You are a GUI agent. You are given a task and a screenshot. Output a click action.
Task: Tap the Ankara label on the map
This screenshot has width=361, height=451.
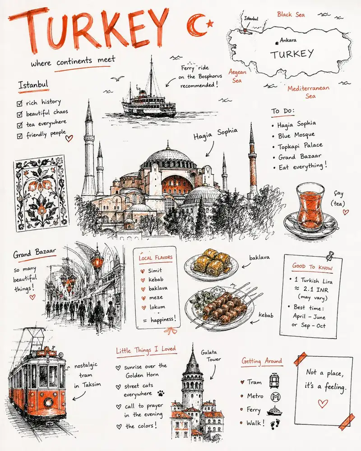pyautogui.click(x=288, y=40)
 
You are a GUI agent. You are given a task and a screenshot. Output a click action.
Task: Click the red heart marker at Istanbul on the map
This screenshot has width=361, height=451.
pyautogui.click(x=245, y=30)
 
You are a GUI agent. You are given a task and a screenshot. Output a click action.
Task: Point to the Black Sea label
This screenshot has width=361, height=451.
pyautogui.click(x=291, y=14)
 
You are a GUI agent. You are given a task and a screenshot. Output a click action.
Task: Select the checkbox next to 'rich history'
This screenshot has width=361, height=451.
pyautogui.click(x=19, y=103)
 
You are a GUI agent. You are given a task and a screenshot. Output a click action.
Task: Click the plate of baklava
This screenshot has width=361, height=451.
pyautogui.click(x=211, y=263)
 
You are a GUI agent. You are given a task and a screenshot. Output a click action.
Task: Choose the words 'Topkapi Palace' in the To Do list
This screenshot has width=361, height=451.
pyautogui.click(x=300, y=146)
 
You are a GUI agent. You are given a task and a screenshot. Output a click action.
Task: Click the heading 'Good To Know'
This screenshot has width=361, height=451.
pyautogui.click(x=312, y=267)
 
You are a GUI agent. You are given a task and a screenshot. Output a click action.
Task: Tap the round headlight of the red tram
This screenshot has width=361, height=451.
pyautogui.click(x=48, y=402)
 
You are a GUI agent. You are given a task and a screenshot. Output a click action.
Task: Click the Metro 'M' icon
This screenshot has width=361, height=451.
pyautogui.click(x=276, y=397)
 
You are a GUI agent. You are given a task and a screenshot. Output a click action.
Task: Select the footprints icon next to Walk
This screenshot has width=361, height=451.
pyautogui.click(x=275, y=423)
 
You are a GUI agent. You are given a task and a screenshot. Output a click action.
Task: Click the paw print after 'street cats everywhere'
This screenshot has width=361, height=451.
pyautogui.click(x=161, y=393)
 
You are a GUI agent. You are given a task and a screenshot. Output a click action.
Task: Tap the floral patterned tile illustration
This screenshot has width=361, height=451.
pyautogui.click(x=41, y=193)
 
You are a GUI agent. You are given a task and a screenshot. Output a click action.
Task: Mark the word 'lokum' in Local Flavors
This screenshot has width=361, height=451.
pyautogui.click(x=157, y=307)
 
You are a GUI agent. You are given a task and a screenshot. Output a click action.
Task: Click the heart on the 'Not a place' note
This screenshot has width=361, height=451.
pyautogui.click(x=323, y=404)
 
